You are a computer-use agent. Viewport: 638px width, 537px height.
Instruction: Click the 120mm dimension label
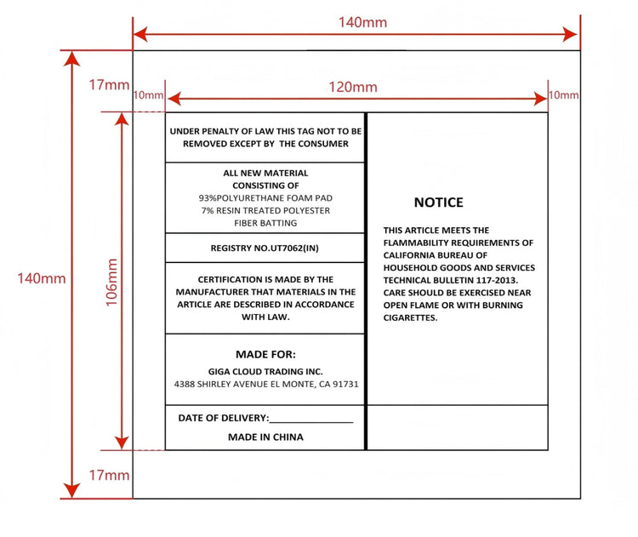pos(353,87)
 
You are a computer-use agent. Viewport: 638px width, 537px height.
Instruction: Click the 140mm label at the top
pos(362,22)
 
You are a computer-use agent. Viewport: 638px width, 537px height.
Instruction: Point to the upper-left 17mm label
pos(109,85)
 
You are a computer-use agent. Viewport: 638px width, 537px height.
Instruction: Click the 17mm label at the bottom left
pos(109,475)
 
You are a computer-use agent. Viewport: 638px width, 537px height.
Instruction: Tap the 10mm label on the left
pos(148,94)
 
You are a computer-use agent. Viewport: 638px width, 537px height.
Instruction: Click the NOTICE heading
pos(438,203)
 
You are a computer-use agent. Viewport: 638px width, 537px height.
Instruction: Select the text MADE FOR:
pos(265,354)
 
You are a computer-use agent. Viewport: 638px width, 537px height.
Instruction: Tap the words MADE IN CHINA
pos(265,437)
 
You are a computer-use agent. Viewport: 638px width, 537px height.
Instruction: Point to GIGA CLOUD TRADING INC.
pos(265,371)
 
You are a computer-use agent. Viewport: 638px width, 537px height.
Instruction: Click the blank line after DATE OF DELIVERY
pos(311,420)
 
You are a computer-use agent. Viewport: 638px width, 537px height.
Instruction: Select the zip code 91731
pos(345,385)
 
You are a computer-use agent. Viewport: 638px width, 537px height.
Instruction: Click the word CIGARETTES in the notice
pos(410,317)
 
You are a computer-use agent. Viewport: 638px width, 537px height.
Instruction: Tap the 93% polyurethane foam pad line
pos(265,197)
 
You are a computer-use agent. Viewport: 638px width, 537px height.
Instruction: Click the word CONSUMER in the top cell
pos(322,144)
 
